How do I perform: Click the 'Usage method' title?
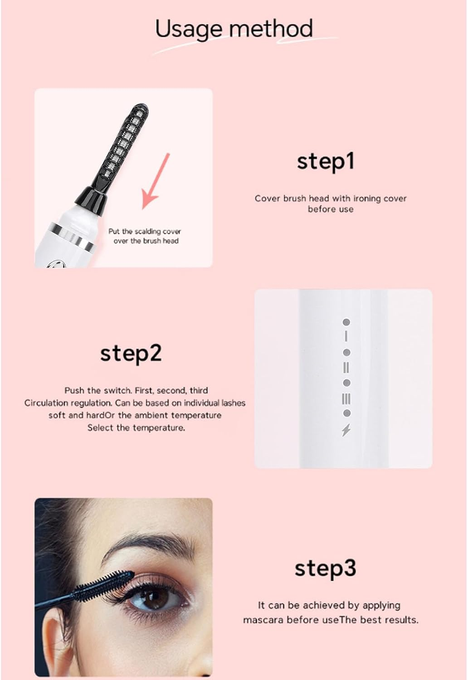click(234, 29)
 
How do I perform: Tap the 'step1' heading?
click(325, 162)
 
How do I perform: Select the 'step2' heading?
click(131, 353)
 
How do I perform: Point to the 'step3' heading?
click(325, 568)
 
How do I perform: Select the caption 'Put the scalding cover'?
click(144, 231)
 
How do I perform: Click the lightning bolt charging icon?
click(346, 429)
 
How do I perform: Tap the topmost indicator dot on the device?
click(346, 322)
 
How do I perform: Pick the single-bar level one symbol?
click(346, 336)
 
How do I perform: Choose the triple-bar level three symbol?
click(346, 398)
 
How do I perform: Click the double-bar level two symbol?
click(346, 367)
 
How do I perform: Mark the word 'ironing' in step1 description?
click(368, 198)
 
